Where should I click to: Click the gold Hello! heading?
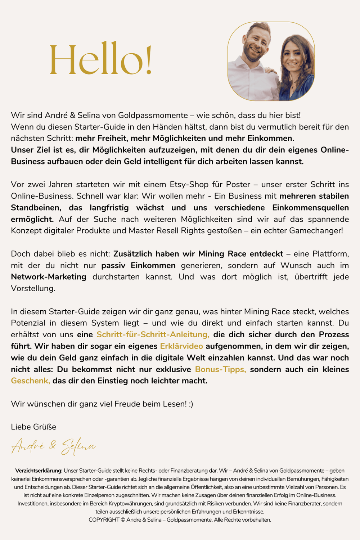pos(100,59)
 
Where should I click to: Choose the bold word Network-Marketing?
pos(49,277)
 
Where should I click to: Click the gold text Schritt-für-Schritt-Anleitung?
pos(153,334)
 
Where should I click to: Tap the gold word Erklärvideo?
pos(181,346)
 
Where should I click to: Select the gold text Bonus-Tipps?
pos(220,369)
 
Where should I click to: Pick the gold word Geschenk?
pos(30,381)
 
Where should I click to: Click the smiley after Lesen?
pos(191,404)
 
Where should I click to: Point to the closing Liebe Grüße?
pos(33,427)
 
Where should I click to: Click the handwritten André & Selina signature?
pos(53,446)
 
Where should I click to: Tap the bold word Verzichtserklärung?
pos(39,471)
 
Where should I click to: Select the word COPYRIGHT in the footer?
pos(104,520)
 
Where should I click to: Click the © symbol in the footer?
pos(123,520)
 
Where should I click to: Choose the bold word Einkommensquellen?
pos(310,208)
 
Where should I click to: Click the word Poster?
pos(238,185)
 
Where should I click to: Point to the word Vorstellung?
pos(33,288)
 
